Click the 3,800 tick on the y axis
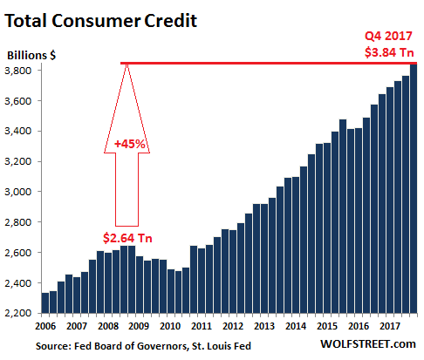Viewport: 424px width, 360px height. pyautogui.click(x=21, y=71)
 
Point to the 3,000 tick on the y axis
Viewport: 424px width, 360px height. pyautogui.click(x=21, y=192)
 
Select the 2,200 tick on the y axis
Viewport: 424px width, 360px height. pyautogui.click(x=21, y=313)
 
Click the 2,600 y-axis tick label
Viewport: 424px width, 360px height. pyautogui.click(x=21, y=253)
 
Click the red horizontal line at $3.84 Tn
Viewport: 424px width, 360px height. pyautogui.click(x=262, y=63)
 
